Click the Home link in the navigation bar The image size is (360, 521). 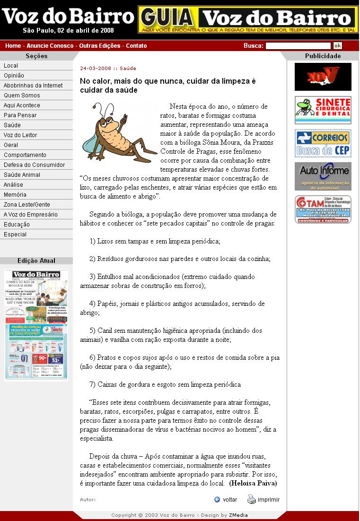pos(13,46)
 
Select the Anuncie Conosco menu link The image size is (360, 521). pos(50,46)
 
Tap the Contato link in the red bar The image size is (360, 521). pos(136,46)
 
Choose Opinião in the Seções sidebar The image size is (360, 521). pos(14,76)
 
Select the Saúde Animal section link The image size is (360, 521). pos(22,175)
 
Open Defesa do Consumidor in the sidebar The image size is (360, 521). pos(35,165)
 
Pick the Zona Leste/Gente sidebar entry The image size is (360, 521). pos(27,205)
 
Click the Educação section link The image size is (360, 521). pos(17,225)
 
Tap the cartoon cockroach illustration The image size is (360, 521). pos(118,132)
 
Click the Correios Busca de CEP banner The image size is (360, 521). pos(323,143)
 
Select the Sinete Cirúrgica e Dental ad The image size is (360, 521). pos(323,110)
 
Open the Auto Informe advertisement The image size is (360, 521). pos(323,176)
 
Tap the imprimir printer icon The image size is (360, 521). pos(252,499)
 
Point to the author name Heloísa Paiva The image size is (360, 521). pos(253,484)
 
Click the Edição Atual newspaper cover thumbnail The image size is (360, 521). pos(36,325)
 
